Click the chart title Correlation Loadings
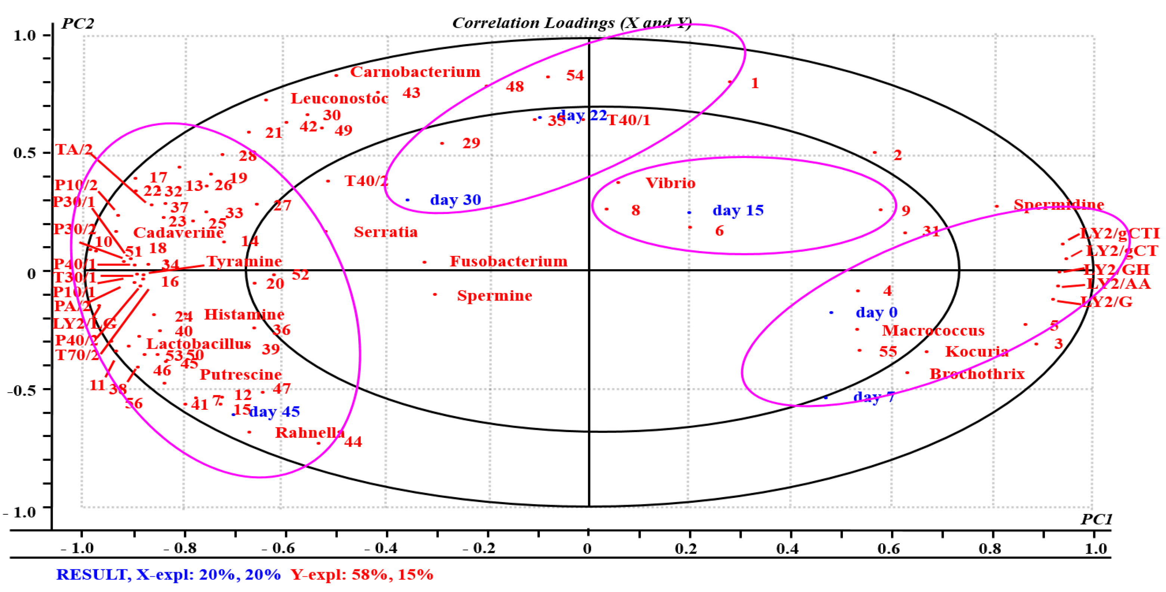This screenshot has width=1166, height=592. pyautogui.click(x=571, y=23)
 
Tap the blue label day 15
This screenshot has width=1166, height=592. pyautogui.click(x=738, y=210)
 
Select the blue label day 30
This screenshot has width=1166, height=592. pyautogui.click(x=455, y=199)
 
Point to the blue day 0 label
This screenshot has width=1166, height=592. pyautogui.click(x=876, y=312)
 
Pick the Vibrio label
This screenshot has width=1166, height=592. pyautogui.click(x=670, y=183)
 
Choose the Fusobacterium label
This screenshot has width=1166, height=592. pyautogui.click(x=508, y=261)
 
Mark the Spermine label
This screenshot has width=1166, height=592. pyautogui.click(x=494, y=295)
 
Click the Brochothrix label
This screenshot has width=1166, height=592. pyautogui.click(x=977, y=374)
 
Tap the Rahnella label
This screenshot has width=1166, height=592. pyautogui.click(x=310, y=432)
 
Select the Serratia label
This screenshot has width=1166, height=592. pyautogui.click(x=386, y=232)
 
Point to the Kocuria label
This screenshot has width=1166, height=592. pyautogui.click(x=977, y=352)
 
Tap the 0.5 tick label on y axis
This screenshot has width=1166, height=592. pyautogui.click(x=25, y=153)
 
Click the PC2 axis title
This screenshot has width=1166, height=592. pyautogui.click(x=77, y=23)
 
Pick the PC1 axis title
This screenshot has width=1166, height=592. pyautogui.click(x=1096, y=519)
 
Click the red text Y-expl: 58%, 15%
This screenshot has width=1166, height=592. pyautogui.click(x=362, y=575)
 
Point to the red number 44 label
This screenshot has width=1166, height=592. pyautogui.click(x=353, y=442)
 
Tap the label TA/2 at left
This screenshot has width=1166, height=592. pyautogui.click(x=74, y=149)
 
